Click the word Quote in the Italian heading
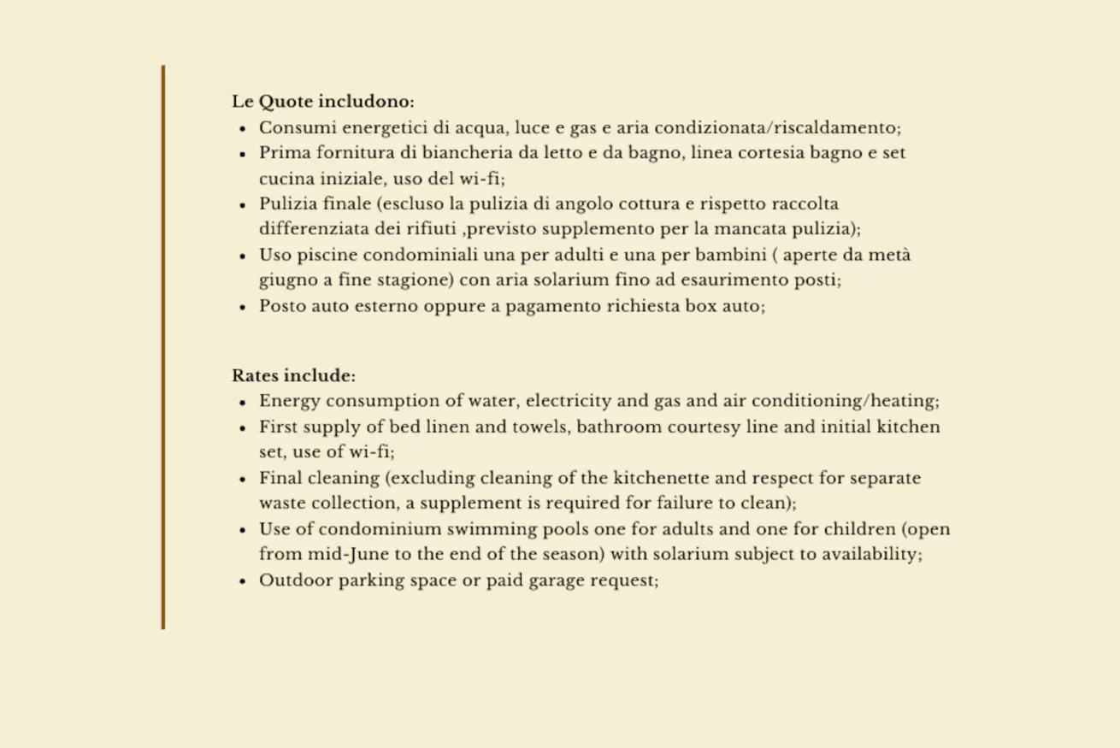286,102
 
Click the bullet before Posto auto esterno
243,307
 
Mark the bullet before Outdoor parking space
243,580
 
